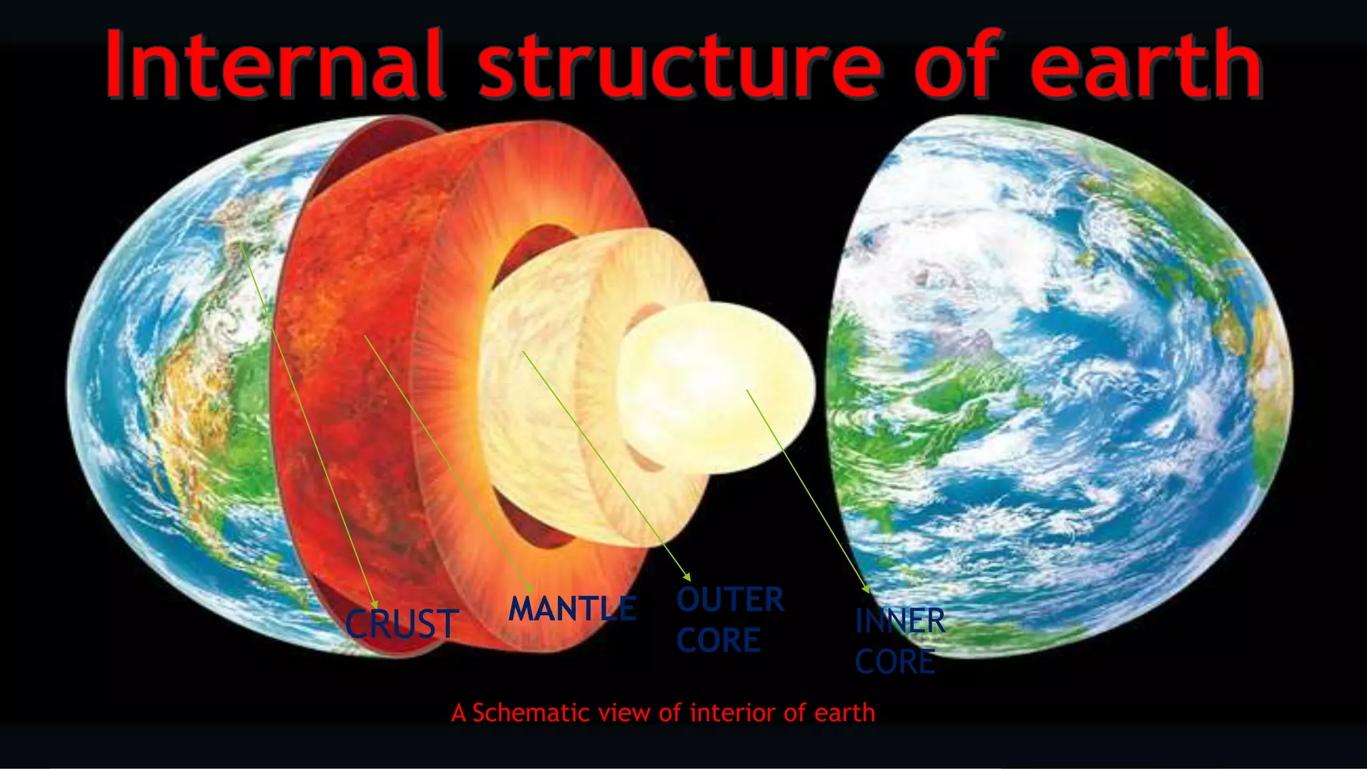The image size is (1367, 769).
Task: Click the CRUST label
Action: click(x=402, y=624)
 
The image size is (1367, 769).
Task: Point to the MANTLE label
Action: click(x=572, y=609)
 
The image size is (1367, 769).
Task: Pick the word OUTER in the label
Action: click(x=730, y=599)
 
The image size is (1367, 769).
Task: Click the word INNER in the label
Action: click(x=900, y=621)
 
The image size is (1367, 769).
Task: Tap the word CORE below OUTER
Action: click(x=718, y=640)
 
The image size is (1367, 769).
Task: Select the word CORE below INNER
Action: click(x=895, y=662)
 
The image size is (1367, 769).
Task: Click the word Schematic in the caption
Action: click(x=527, y=713)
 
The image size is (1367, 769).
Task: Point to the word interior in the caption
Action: click(x=734, y=713)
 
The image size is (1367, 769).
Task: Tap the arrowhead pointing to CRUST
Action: click(x=375, y=604)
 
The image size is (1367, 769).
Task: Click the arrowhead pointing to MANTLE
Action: click(x=529, y=588)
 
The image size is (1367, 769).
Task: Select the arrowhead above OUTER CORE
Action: click(x=687, y=577)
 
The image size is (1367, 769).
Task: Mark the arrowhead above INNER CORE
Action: click(x=866, y=589)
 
